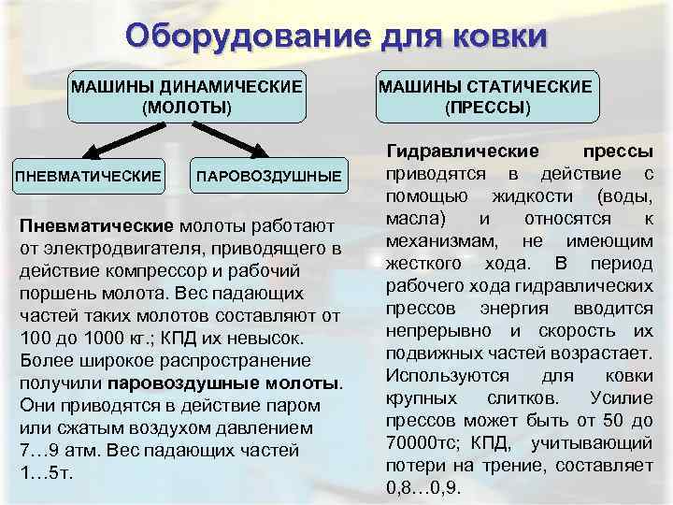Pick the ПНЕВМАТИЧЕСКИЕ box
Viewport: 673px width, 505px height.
(x=87, y=176)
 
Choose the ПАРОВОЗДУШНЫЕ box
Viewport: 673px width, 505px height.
(x=268, y=176)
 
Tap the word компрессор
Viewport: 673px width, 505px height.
(x=152, y=269)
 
